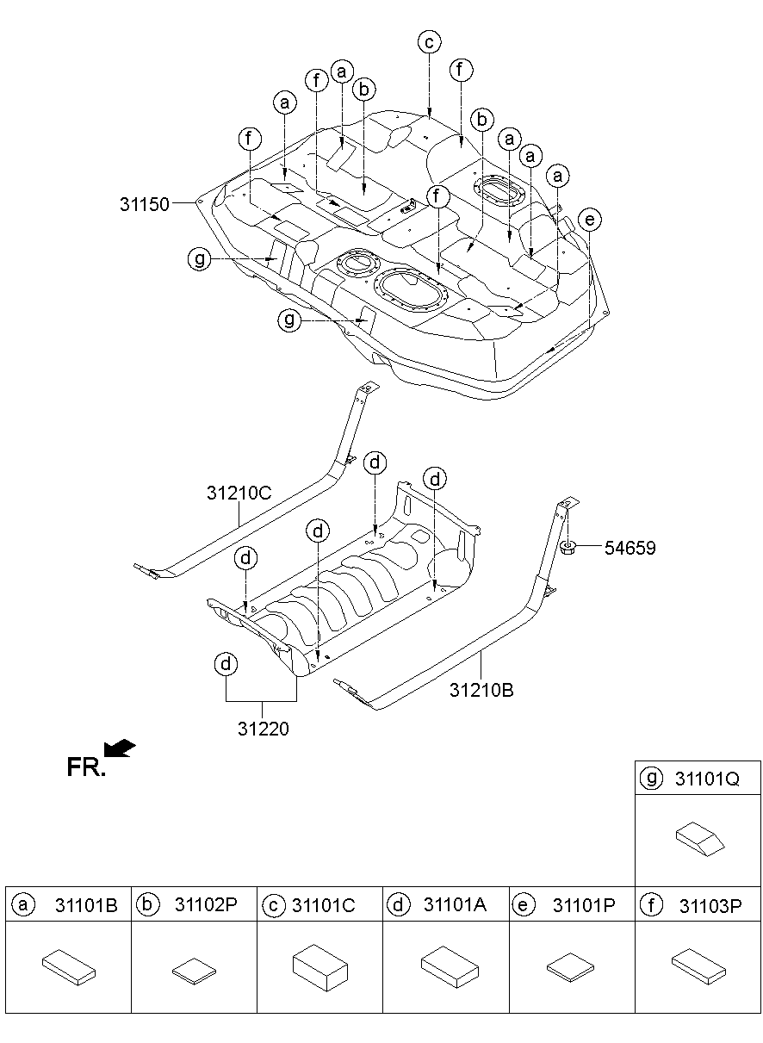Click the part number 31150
click(x=146, y=203)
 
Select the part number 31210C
click(x=239, y=494)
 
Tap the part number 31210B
click(x=481, y=689)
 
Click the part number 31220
click(x=264, y=729)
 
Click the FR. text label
click(x=86, y=767)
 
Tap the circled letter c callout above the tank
click(x=429, y=40)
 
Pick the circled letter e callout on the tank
click(x=589, y=220)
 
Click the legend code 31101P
click(x=584, y=905)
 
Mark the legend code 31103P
click(x=710, y=905)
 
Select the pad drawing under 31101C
click(x=319, y=966)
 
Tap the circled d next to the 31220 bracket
click(x=226, y=664)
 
